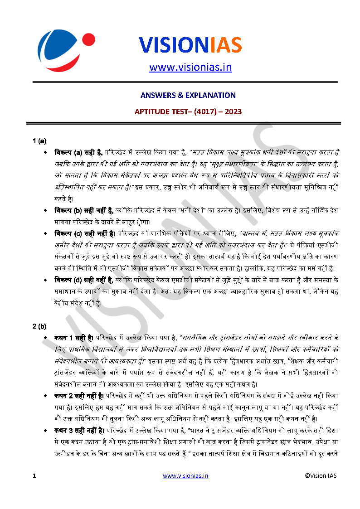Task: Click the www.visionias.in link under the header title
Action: (x=190, y=68)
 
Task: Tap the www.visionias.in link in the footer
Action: (x=185, y=475)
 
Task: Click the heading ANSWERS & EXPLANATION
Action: (x=188, y=95)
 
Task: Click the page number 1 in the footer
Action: (x=34, y=476)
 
